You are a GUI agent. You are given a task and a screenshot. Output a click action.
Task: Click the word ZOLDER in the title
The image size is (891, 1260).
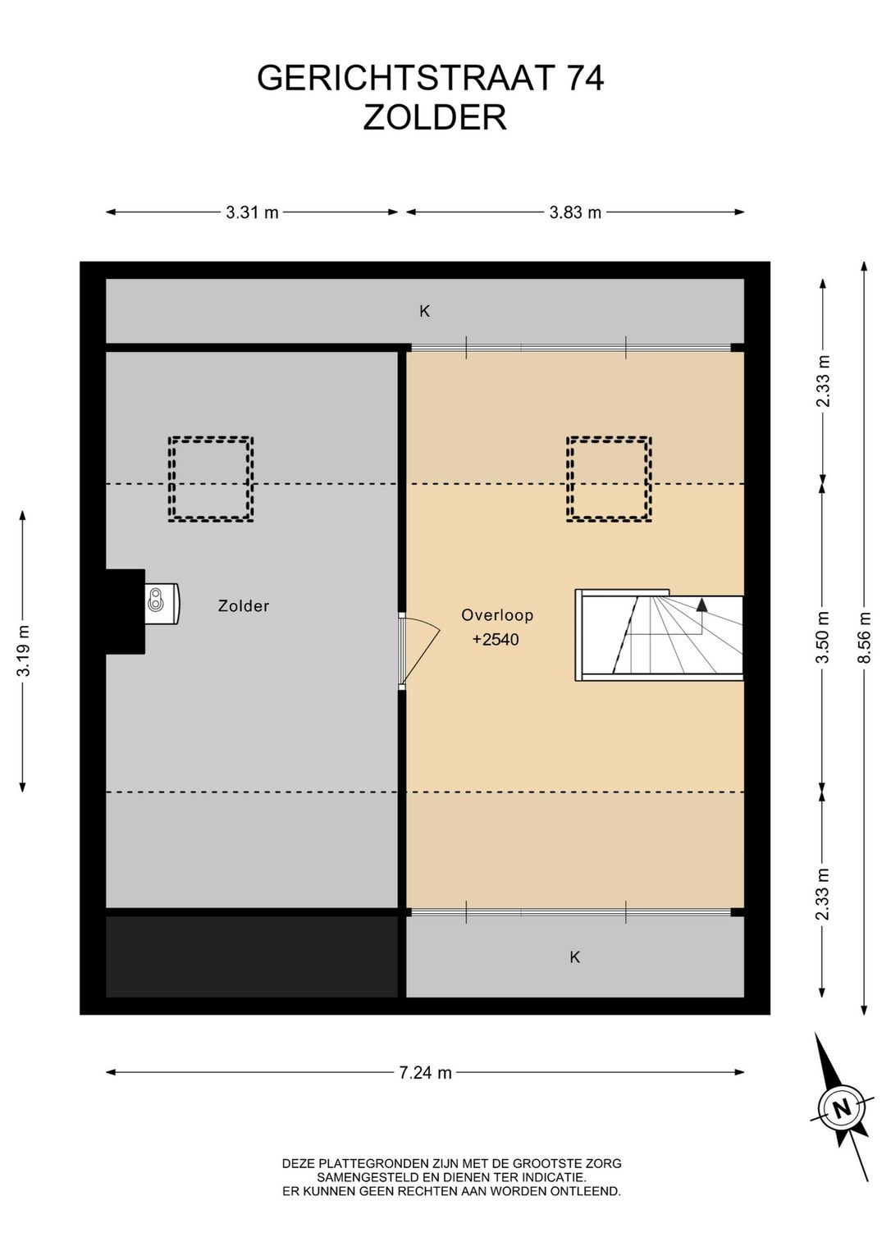click(435, 117)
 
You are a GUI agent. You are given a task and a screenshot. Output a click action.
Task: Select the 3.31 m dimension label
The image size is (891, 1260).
click(252, 212)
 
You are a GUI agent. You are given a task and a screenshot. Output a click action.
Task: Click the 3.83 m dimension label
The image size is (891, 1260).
click(575, 212)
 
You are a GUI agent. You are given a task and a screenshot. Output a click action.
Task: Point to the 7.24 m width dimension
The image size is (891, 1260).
click(425, 1073)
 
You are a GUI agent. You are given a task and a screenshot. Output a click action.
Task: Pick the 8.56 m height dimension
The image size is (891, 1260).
click(865, 637)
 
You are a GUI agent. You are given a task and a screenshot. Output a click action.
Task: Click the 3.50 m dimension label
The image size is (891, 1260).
click(823, 637)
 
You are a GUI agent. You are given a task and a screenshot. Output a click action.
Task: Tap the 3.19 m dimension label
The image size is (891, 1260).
click(23, 651)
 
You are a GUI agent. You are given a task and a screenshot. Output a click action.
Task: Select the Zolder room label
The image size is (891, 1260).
click(244, 606)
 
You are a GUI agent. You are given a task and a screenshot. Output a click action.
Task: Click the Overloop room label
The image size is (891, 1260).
click(497, 614)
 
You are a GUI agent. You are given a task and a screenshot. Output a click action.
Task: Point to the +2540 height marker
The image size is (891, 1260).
click(496, 640)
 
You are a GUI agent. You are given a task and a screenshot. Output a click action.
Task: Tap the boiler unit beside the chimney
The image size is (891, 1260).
click(162, 604)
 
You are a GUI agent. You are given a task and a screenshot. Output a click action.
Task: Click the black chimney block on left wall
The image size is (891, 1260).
click(126, 611)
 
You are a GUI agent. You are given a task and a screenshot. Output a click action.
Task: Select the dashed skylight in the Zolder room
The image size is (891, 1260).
click(210, 479)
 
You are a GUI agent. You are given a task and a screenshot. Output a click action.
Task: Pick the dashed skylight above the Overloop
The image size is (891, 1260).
click(610, 479)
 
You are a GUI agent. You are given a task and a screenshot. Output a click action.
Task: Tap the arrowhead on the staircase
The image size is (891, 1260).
click(701, 605)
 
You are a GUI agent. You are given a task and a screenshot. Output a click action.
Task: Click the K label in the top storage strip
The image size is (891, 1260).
click(425, 311)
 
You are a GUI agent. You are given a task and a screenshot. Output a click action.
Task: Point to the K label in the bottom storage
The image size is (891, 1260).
click(574, 956)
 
